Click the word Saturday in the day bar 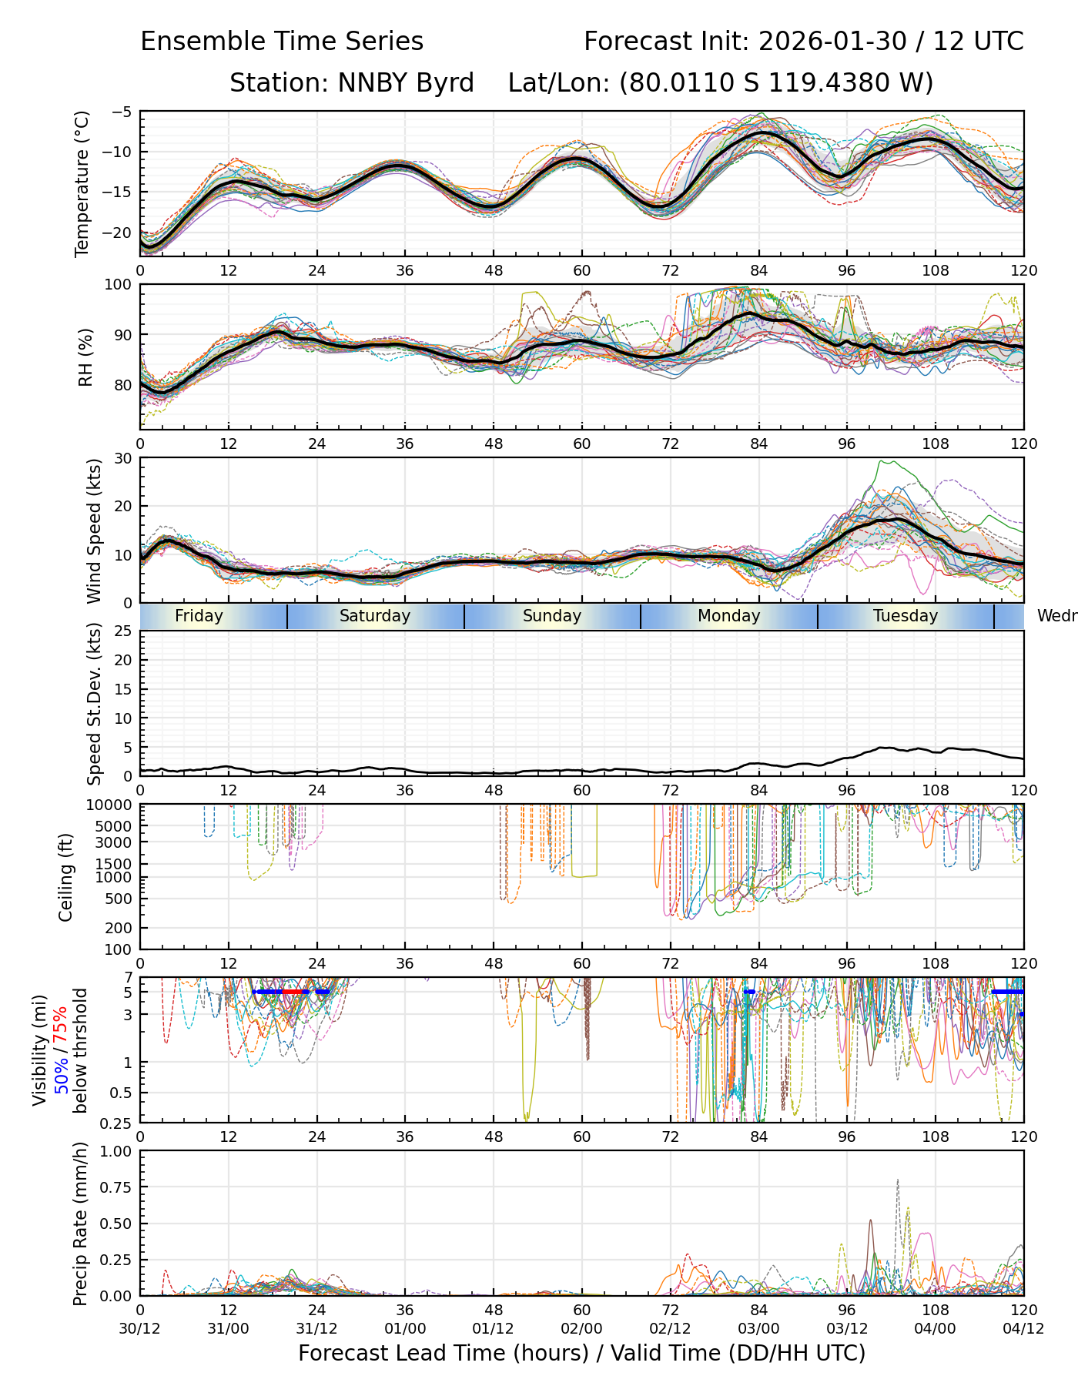tap(375, 616)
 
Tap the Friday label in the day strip tap(199, 616)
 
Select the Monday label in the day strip tap(728, 616)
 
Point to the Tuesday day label tap(906, 616)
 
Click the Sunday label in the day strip tap(552, 616)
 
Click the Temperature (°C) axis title tap(82, 183)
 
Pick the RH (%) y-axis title tap(85, 357)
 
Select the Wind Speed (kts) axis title tap(94, 531)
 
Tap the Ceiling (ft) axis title tap(66, 877)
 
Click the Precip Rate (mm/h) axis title tap(80, 1224)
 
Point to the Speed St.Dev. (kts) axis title tap(94, 704)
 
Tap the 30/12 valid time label tap(140, 1328)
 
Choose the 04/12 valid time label tap(1023, 1328)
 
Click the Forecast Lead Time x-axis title tap(581, 1353)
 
